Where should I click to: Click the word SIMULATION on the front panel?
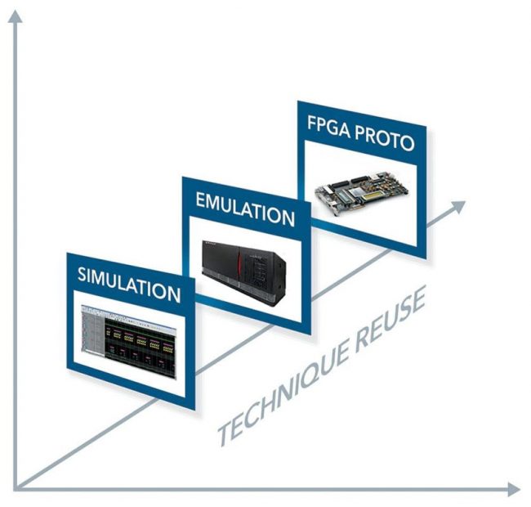pyautogui.click(x=129, y=283)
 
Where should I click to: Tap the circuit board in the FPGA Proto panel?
pyautogui.click(x=360, y=189)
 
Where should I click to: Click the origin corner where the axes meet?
pyautogui.click(x=16, y=488)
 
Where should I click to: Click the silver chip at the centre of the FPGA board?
pyautogui.click(x=356, y=187)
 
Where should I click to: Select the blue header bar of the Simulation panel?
pyautogui.click(x=129, y=282)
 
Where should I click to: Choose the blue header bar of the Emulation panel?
pyautogui.click(x=244, y=207)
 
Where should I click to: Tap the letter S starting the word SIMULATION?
pyautogui.click(x=83, y=273)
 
